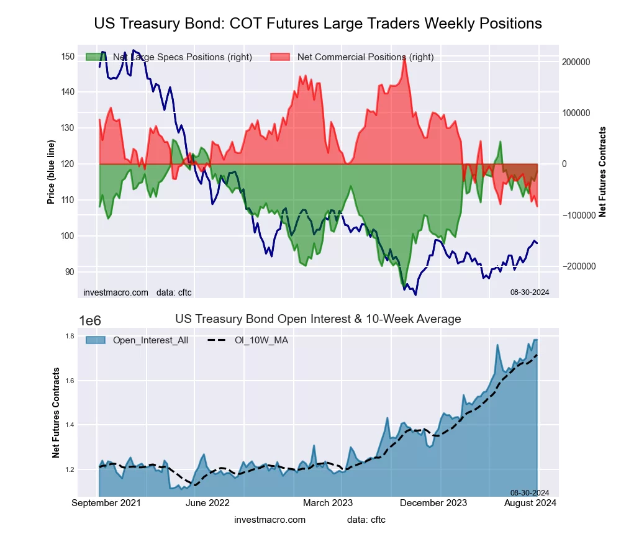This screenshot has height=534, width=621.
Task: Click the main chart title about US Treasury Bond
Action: pos(318,24)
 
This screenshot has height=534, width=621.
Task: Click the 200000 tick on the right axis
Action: pos(576,63)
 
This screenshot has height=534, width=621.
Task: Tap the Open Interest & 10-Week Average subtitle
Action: pos(318,319)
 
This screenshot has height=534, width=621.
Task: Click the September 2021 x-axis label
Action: pos(106,502)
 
